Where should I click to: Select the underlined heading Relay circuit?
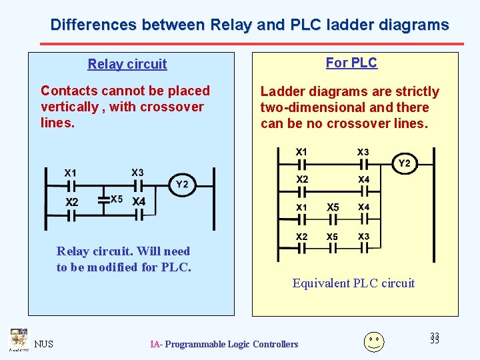click(127, 64)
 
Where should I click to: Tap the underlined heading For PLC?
click(351, 63)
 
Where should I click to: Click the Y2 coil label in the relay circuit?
click(183, 185)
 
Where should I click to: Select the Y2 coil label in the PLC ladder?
click(405, 163)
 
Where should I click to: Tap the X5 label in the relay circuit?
click(117, 199)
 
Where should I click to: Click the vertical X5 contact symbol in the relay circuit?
click(104, 199)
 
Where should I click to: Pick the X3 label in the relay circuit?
click(137, 173)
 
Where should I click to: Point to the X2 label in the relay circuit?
click(71, 201)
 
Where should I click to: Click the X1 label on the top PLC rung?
click(302, 152)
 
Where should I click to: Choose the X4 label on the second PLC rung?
click(363, 179)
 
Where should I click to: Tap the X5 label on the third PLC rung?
click(333, 207)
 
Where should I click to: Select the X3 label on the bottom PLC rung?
click(363, 237)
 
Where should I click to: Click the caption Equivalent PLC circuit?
click(353, 283)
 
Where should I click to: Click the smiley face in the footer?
click(373, 341)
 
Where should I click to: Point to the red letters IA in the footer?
click(155, 344)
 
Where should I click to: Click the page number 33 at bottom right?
click(435, 339)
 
